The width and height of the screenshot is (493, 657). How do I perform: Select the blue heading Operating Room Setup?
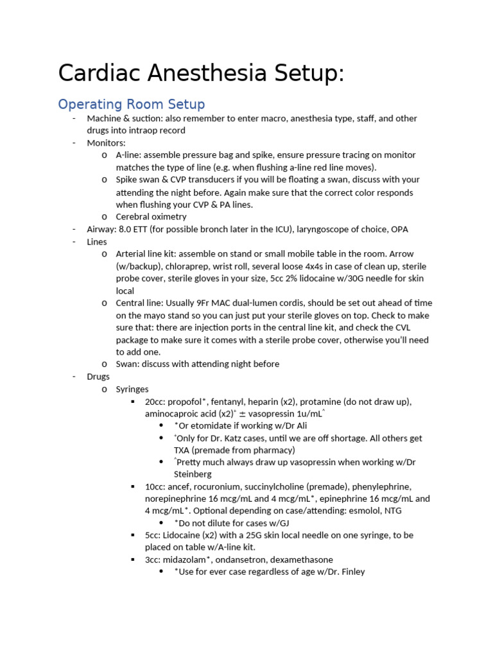132,104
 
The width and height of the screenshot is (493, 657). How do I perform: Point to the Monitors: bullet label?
107,143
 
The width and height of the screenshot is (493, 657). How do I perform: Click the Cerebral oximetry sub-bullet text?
151,217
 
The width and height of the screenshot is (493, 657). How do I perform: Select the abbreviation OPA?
398,229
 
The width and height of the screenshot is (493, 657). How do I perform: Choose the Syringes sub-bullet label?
132,389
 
